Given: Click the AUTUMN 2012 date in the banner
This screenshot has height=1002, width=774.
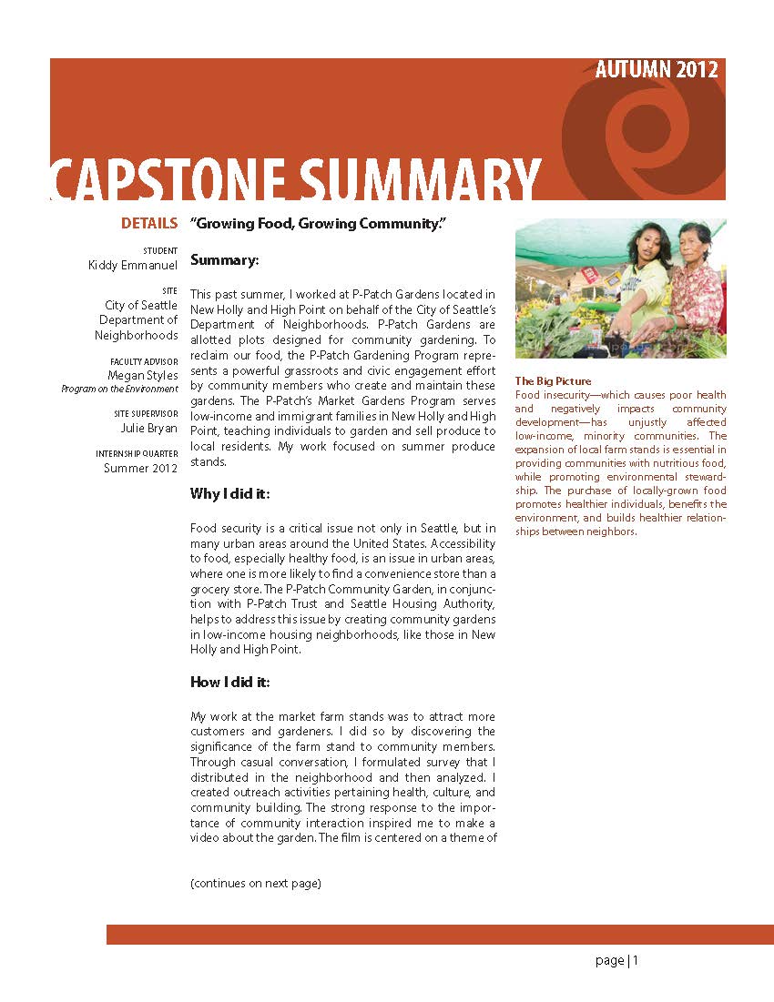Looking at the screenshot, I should (656, 70).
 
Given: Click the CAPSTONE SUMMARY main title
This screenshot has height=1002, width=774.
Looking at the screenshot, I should (296, 179).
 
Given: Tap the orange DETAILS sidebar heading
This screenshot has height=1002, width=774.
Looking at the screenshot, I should (148, 224).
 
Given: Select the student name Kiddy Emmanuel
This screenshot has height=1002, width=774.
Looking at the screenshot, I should (133, 265).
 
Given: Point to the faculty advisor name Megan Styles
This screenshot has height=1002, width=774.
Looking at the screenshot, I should (143, 375).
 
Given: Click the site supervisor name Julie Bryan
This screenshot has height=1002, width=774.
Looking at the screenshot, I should (149, 428).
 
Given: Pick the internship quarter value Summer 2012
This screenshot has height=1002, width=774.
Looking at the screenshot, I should (140, 468).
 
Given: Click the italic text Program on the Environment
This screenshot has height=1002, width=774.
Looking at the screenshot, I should (119, 389).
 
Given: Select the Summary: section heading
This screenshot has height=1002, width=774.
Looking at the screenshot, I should (225, 260).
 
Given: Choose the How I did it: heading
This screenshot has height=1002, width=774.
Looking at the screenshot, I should (230, 682).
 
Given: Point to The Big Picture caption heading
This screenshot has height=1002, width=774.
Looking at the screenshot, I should (553, 380).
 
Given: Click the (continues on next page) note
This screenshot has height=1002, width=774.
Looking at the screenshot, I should (256, 883).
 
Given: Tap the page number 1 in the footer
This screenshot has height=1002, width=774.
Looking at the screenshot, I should (636, 960).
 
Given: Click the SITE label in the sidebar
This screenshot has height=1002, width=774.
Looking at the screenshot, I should (169, 290).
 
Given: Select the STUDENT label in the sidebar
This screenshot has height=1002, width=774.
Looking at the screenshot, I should (160, 250).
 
